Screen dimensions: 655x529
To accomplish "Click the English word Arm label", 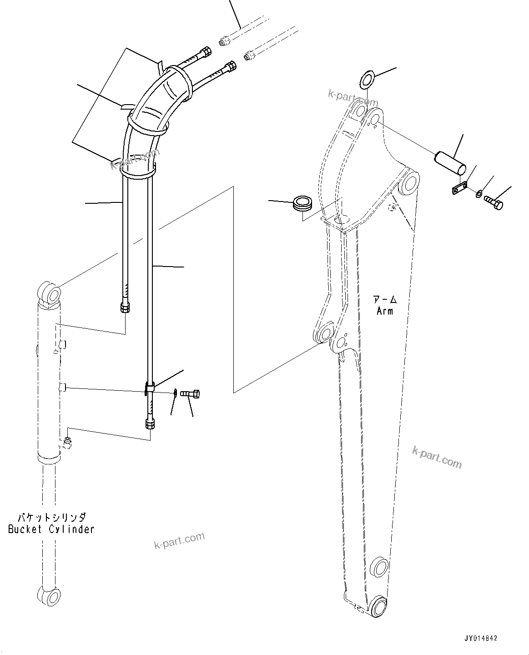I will click(x=384, y=311).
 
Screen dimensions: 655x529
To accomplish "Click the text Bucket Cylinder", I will click(x=51, y=529).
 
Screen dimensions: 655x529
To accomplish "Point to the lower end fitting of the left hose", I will click(x=126, y=308).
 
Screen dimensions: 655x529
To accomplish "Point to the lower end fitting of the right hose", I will click(x=150, y=424).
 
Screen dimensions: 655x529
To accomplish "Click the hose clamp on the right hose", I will click(x=150, y=388).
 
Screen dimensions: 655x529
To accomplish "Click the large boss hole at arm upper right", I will click(x=409, y=183).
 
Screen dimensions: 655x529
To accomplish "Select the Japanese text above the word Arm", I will click(x=385, y=300).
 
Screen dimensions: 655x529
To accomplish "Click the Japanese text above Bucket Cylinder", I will click(x=51, y=517).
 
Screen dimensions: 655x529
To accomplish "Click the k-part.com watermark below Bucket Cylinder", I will click(x=179, y=541).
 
